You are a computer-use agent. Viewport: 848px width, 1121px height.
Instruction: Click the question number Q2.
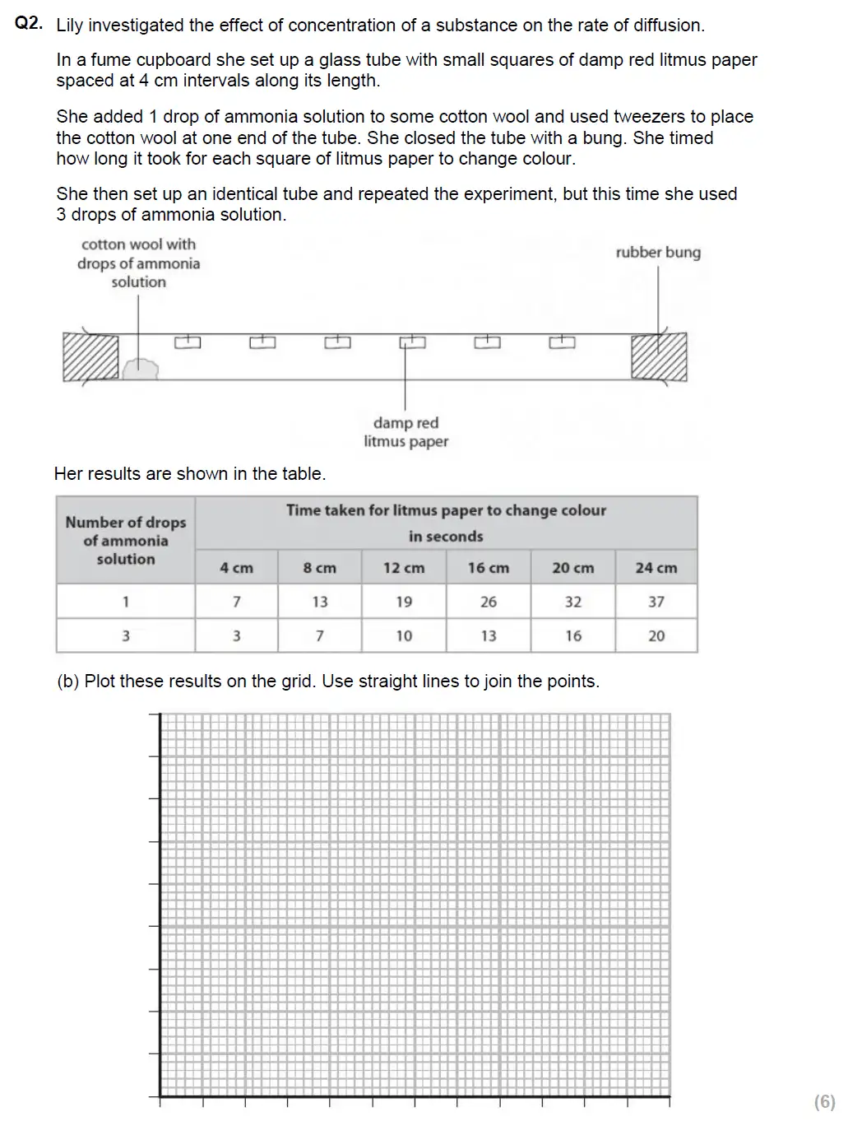pyautogui.click(x=29, y=24)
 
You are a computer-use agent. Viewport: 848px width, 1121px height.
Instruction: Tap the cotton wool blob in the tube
pyautogui.click(x=140, y=369)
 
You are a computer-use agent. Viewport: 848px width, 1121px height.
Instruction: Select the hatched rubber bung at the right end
pyautogui.click(x=658, y=356)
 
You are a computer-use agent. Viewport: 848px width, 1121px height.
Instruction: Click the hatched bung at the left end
pyautogui.click(x=90, y=356)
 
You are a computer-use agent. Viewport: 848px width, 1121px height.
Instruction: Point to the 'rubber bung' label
pyautogui.click(x=658, y=253)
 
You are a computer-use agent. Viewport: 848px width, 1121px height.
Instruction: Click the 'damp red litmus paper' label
pyautogui.click(x=406, y=432)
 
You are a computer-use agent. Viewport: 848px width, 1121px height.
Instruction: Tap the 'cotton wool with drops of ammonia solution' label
pyautogui.click(x=138, y=263)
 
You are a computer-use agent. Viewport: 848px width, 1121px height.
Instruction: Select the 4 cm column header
pyautogui.click(x=236, y=568)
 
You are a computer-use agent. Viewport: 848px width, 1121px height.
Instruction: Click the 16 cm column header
pyautogui.click(x=488, y=568)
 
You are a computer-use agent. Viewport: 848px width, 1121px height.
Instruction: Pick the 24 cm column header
pyautogui.click(x=656, y=568)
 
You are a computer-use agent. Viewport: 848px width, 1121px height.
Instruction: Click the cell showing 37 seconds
pyautogui.click(x=656, y=602)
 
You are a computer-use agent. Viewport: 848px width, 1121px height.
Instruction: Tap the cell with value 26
pyautogui.click(x=488, y=602)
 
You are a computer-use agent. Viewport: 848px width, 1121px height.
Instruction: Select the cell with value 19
pyautogui.click(x=403, y=602)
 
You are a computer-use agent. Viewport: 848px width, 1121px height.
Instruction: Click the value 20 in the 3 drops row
pyautogui.click(x=656, y=635)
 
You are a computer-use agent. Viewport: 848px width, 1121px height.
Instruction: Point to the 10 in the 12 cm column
pyautogui.click(x=403, y=635)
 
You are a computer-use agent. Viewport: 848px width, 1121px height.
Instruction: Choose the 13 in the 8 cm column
pyautogui.click(x=319, y=602)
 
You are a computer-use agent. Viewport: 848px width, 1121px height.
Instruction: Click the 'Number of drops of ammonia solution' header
pyautogui.click(x=126, y=540)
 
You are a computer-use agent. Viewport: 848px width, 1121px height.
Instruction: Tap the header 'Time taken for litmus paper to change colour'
pyautogui.click(x=446, y=510)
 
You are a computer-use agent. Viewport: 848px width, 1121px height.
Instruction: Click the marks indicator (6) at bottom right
pyautogui.click(x=824, y=1101)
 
